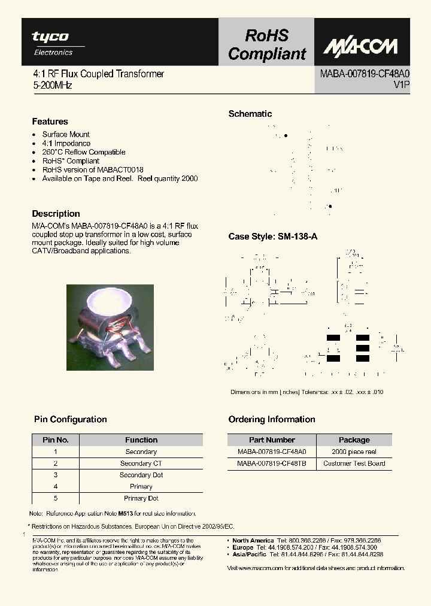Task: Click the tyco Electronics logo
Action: pyautogui.click(x=51, y=43)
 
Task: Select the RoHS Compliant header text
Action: pyautogui.click(x=266, y=45)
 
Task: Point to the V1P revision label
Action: pyautogui.click(x=401, y=85)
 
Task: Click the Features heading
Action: pyautogui.click(x=50, y=122)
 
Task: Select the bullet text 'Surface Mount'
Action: pyautogui.click(x=66, y=135)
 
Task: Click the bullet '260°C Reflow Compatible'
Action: pyautogui.click(x=84, y=152)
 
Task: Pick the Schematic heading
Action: pyautogui.click(x=250, y=114)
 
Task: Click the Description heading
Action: pyautogui.click(x=56, y=214)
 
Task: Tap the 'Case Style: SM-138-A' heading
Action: pyautogui.click(x=273, y=237)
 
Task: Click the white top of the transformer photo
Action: pyautogui.click(x=110, y=302)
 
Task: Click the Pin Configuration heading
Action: pyautogui.click(x=69, y=419)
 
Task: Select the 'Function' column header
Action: pyautogui.click(x=141, y=440)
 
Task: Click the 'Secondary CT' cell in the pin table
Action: pyautogui.click(x=141, y=463)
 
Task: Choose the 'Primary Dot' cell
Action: pyautogui.click(x=141, y=498)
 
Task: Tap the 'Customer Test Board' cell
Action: pyautogui.click(x=354, y=463)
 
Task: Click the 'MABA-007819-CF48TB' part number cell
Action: pyautogui.click(x=272, y=463)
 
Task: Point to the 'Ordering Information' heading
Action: pyautogui.click(x=272, y=419)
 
